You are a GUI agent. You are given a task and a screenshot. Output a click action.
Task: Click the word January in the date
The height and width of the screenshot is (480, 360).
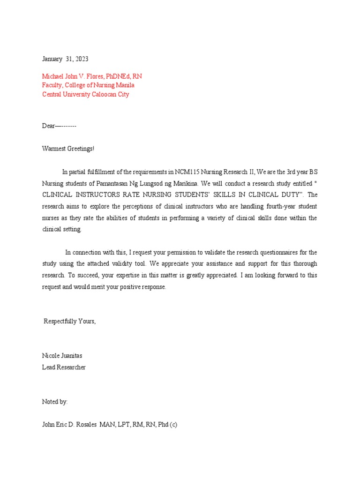52,59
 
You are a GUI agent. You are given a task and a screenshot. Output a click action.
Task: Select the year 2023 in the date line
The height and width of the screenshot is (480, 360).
80,59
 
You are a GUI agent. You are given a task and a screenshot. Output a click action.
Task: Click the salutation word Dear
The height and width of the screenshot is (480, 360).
49,126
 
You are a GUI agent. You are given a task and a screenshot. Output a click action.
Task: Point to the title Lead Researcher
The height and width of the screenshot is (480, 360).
64,367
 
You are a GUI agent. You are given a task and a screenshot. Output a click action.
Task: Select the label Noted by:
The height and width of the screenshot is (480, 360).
55,402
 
